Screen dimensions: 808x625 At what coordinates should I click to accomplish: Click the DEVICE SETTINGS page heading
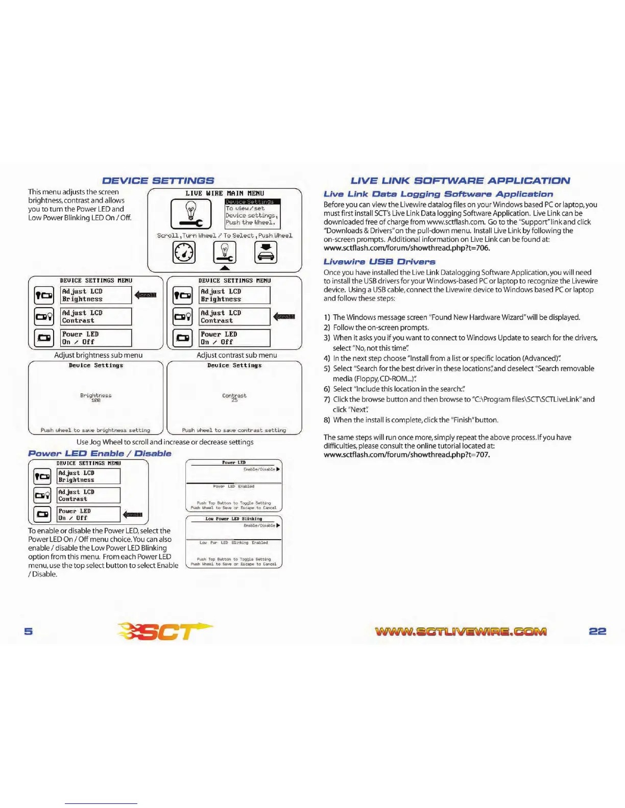pyautogui.click(x=158, y=181)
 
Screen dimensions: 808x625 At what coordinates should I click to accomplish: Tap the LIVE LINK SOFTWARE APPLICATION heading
pyautogui.click(x=460, y=181)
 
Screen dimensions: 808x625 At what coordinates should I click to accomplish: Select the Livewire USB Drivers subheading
pyautogui.click(x=379, y=262)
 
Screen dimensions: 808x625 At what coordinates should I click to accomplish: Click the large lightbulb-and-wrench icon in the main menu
pyautogui.click(x=191, y=213)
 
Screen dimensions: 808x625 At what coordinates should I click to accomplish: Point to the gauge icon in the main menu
pyautogui.click(x=184, y=252)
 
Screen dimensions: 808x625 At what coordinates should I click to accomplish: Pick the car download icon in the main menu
pyautogui.click(x=266, y=252)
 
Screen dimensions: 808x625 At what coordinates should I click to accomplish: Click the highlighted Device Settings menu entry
pyautogui.click(x=252, y=201)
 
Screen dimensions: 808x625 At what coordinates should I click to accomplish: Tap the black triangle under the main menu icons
pyautogui.click(x=225, y=268)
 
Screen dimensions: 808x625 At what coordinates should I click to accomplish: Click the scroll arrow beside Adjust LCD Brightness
pyautogui.click(x=146, y=295)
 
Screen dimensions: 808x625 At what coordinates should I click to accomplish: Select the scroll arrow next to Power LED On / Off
pyautogui.click(x=133, y=514)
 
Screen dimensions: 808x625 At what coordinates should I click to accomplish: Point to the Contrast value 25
pyautogui.click(x=234, y=400)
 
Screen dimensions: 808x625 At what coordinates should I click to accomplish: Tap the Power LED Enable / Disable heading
pyautogui.click(x=100, y=453)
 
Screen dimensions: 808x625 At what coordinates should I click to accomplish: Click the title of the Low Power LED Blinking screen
pyautogui.click(x=233, y=519)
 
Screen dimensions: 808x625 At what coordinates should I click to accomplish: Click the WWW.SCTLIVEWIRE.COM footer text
pyautogui.click(x=461, y=632)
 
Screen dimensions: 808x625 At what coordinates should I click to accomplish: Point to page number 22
pyautogui.click(x=597, y=631)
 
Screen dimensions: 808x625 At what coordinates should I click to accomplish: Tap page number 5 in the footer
pyautogui.click(x=29, y=632)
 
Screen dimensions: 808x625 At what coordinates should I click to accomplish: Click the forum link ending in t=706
pyautogui.click(x=406, y=248)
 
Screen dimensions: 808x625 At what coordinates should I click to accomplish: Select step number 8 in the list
pyautogui.click(x=327, y=420)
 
